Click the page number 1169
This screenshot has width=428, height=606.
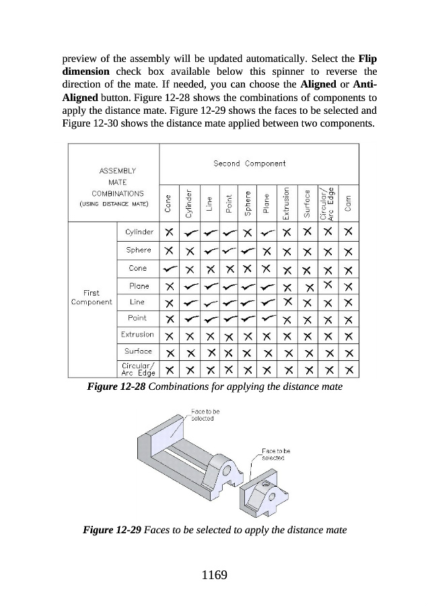click(x=213, y=575)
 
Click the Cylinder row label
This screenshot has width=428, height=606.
click(x=139, y=232)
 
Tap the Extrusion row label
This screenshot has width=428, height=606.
click(x=137, y=334)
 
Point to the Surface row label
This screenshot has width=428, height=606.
click(x=139, y=351)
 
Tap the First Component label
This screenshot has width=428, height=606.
click(x=92, y=298)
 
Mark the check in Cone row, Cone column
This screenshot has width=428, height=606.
click(x=169, y=268)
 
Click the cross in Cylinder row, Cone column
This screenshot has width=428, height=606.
click(x=169, y=232)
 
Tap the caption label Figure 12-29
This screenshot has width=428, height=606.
click(x=112, y=529)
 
